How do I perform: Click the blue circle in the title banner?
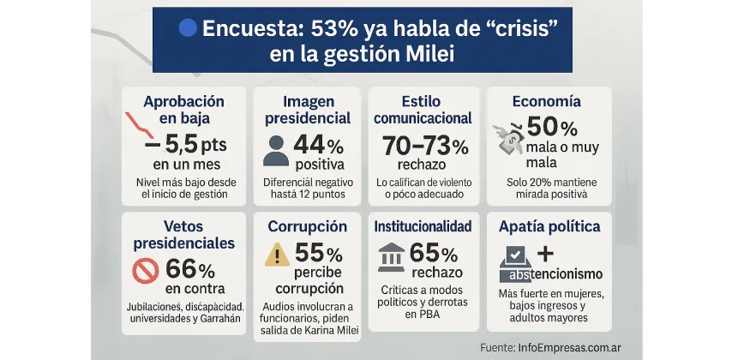tap(188, 28)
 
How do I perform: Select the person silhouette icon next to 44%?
tap(276, 150)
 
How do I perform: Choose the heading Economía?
tap(548, 101)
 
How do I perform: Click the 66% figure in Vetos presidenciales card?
tap(195, 269)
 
